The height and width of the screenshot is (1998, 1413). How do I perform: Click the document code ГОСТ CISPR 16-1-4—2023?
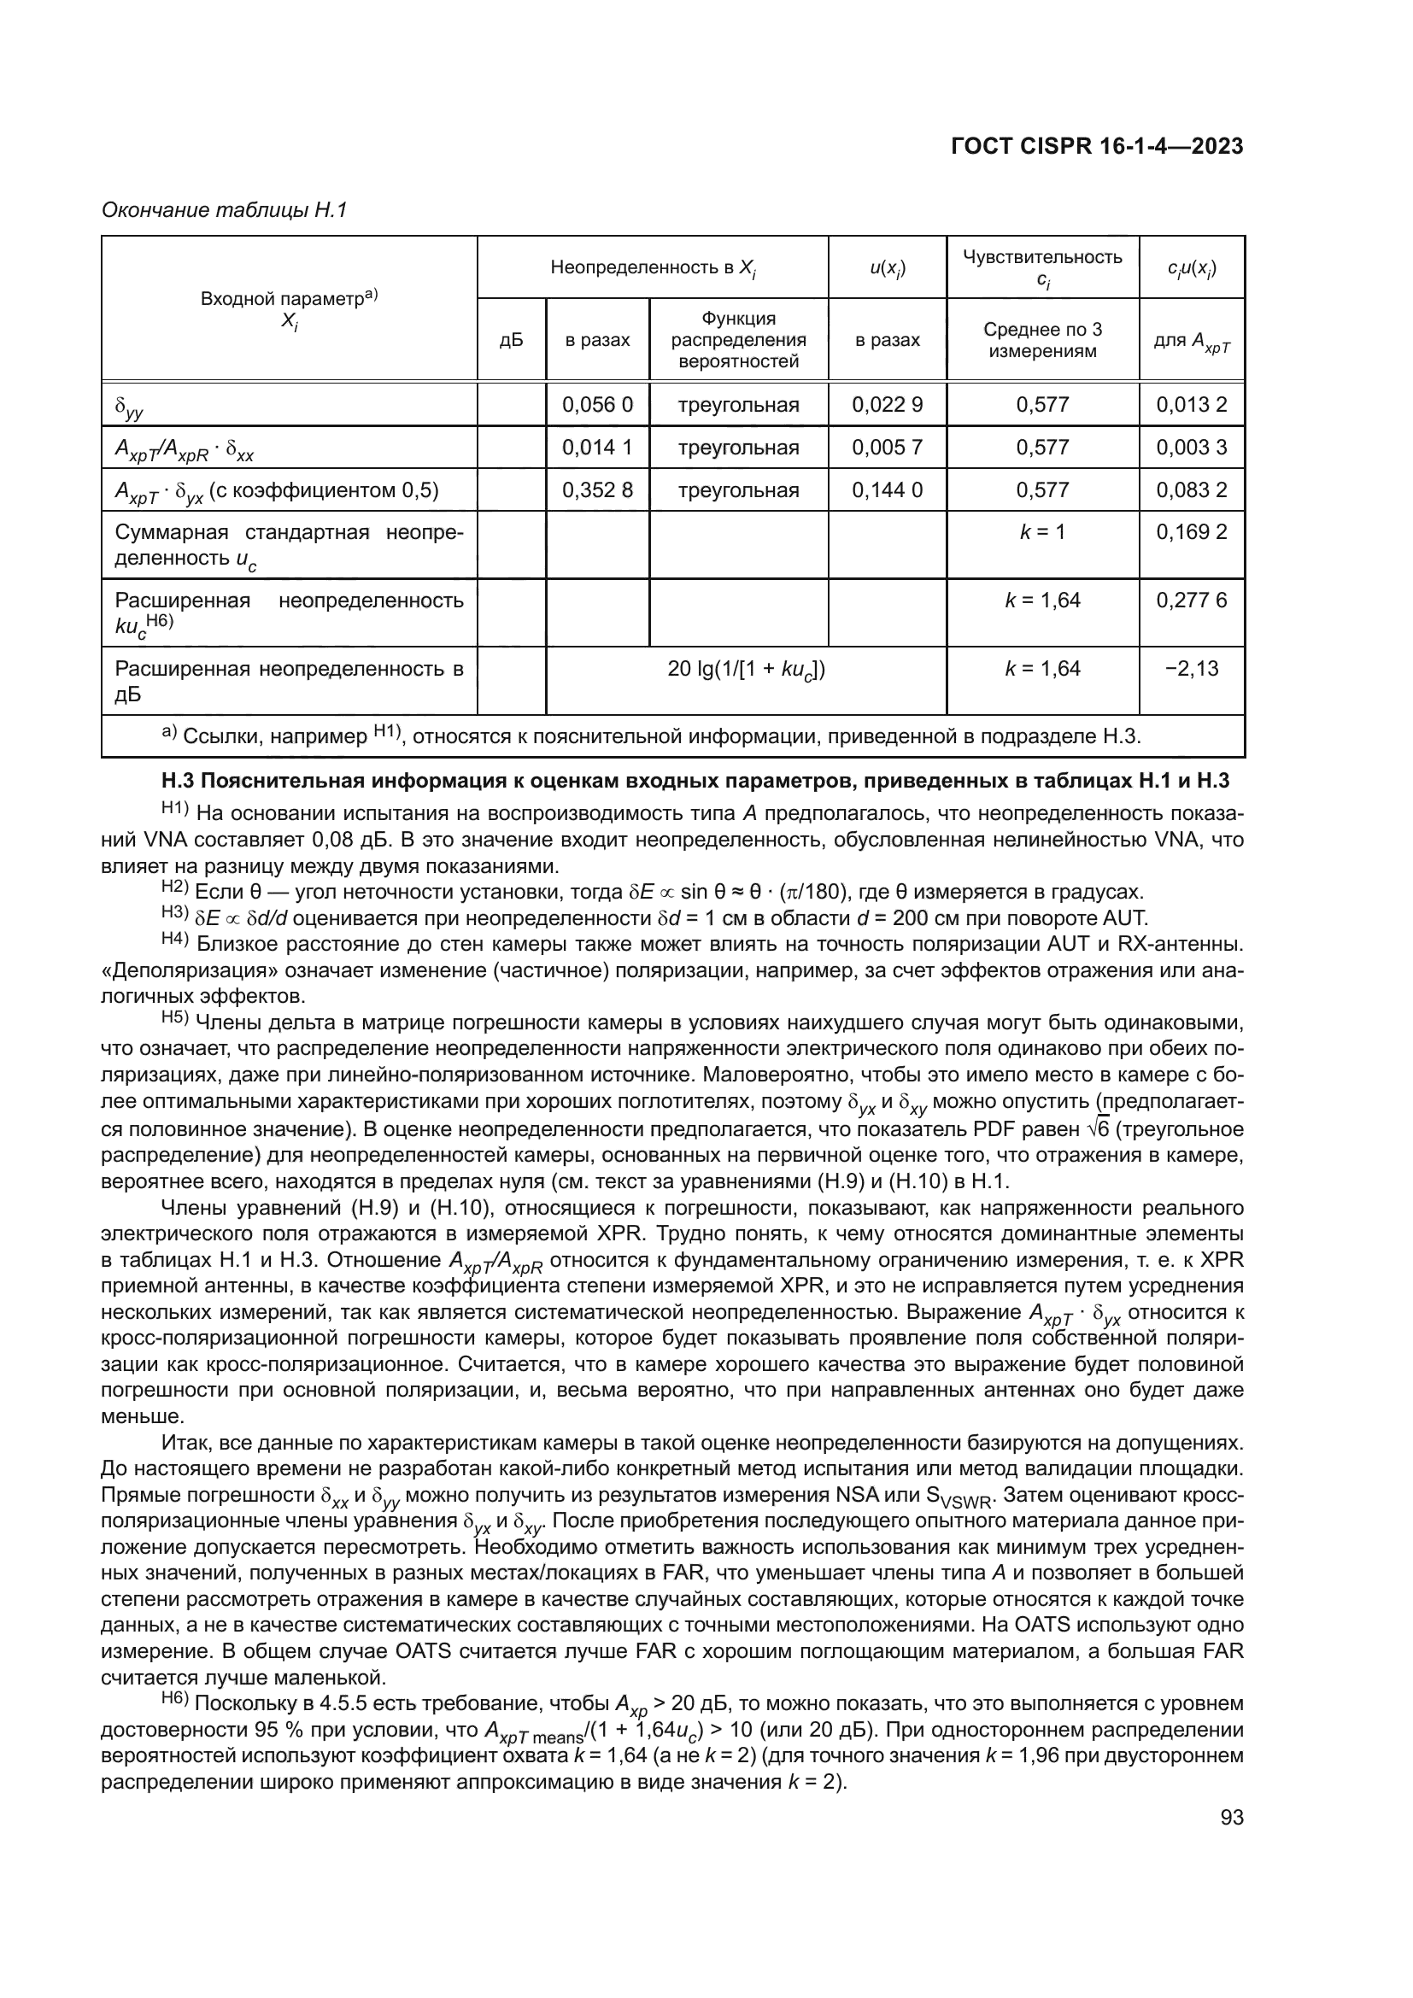pos(1096,146)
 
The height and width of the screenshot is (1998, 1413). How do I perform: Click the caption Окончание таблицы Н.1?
pos(225,211)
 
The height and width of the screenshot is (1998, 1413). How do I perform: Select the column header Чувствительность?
pos(1042,258)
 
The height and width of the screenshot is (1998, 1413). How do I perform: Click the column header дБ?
pos(511,340)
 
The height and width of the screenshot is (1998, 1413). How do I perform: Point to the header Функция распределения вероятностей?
pos(738,340)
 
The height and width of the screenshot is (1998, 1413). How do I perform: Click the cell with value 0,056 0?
pos(597,405)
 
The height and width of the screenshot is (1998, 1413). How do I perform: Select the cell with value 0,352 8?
pos(597,490)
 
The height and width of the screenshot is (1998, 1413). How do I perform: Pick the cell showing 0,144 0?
pos(887,490)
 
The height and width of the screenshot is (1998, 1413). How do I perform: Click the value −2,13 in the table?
pos(1191,669)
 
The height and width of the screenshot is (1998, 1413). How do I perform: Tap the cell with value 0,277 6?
pos(1191,601)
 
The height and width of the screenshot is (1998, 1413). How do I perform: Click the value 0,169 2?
pos(1191,532)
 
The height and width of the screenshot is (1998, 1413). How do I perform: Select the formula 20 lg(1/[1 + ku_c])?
pos(746,670)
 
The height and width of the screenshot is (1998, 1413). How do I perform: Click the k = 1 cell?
pos(1042,532)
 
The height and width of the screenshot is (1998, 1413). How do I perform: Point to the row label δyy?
pos(130,407)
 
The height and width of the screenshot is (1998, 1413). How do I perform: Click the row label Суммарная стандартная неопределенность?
pos(289,545)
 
